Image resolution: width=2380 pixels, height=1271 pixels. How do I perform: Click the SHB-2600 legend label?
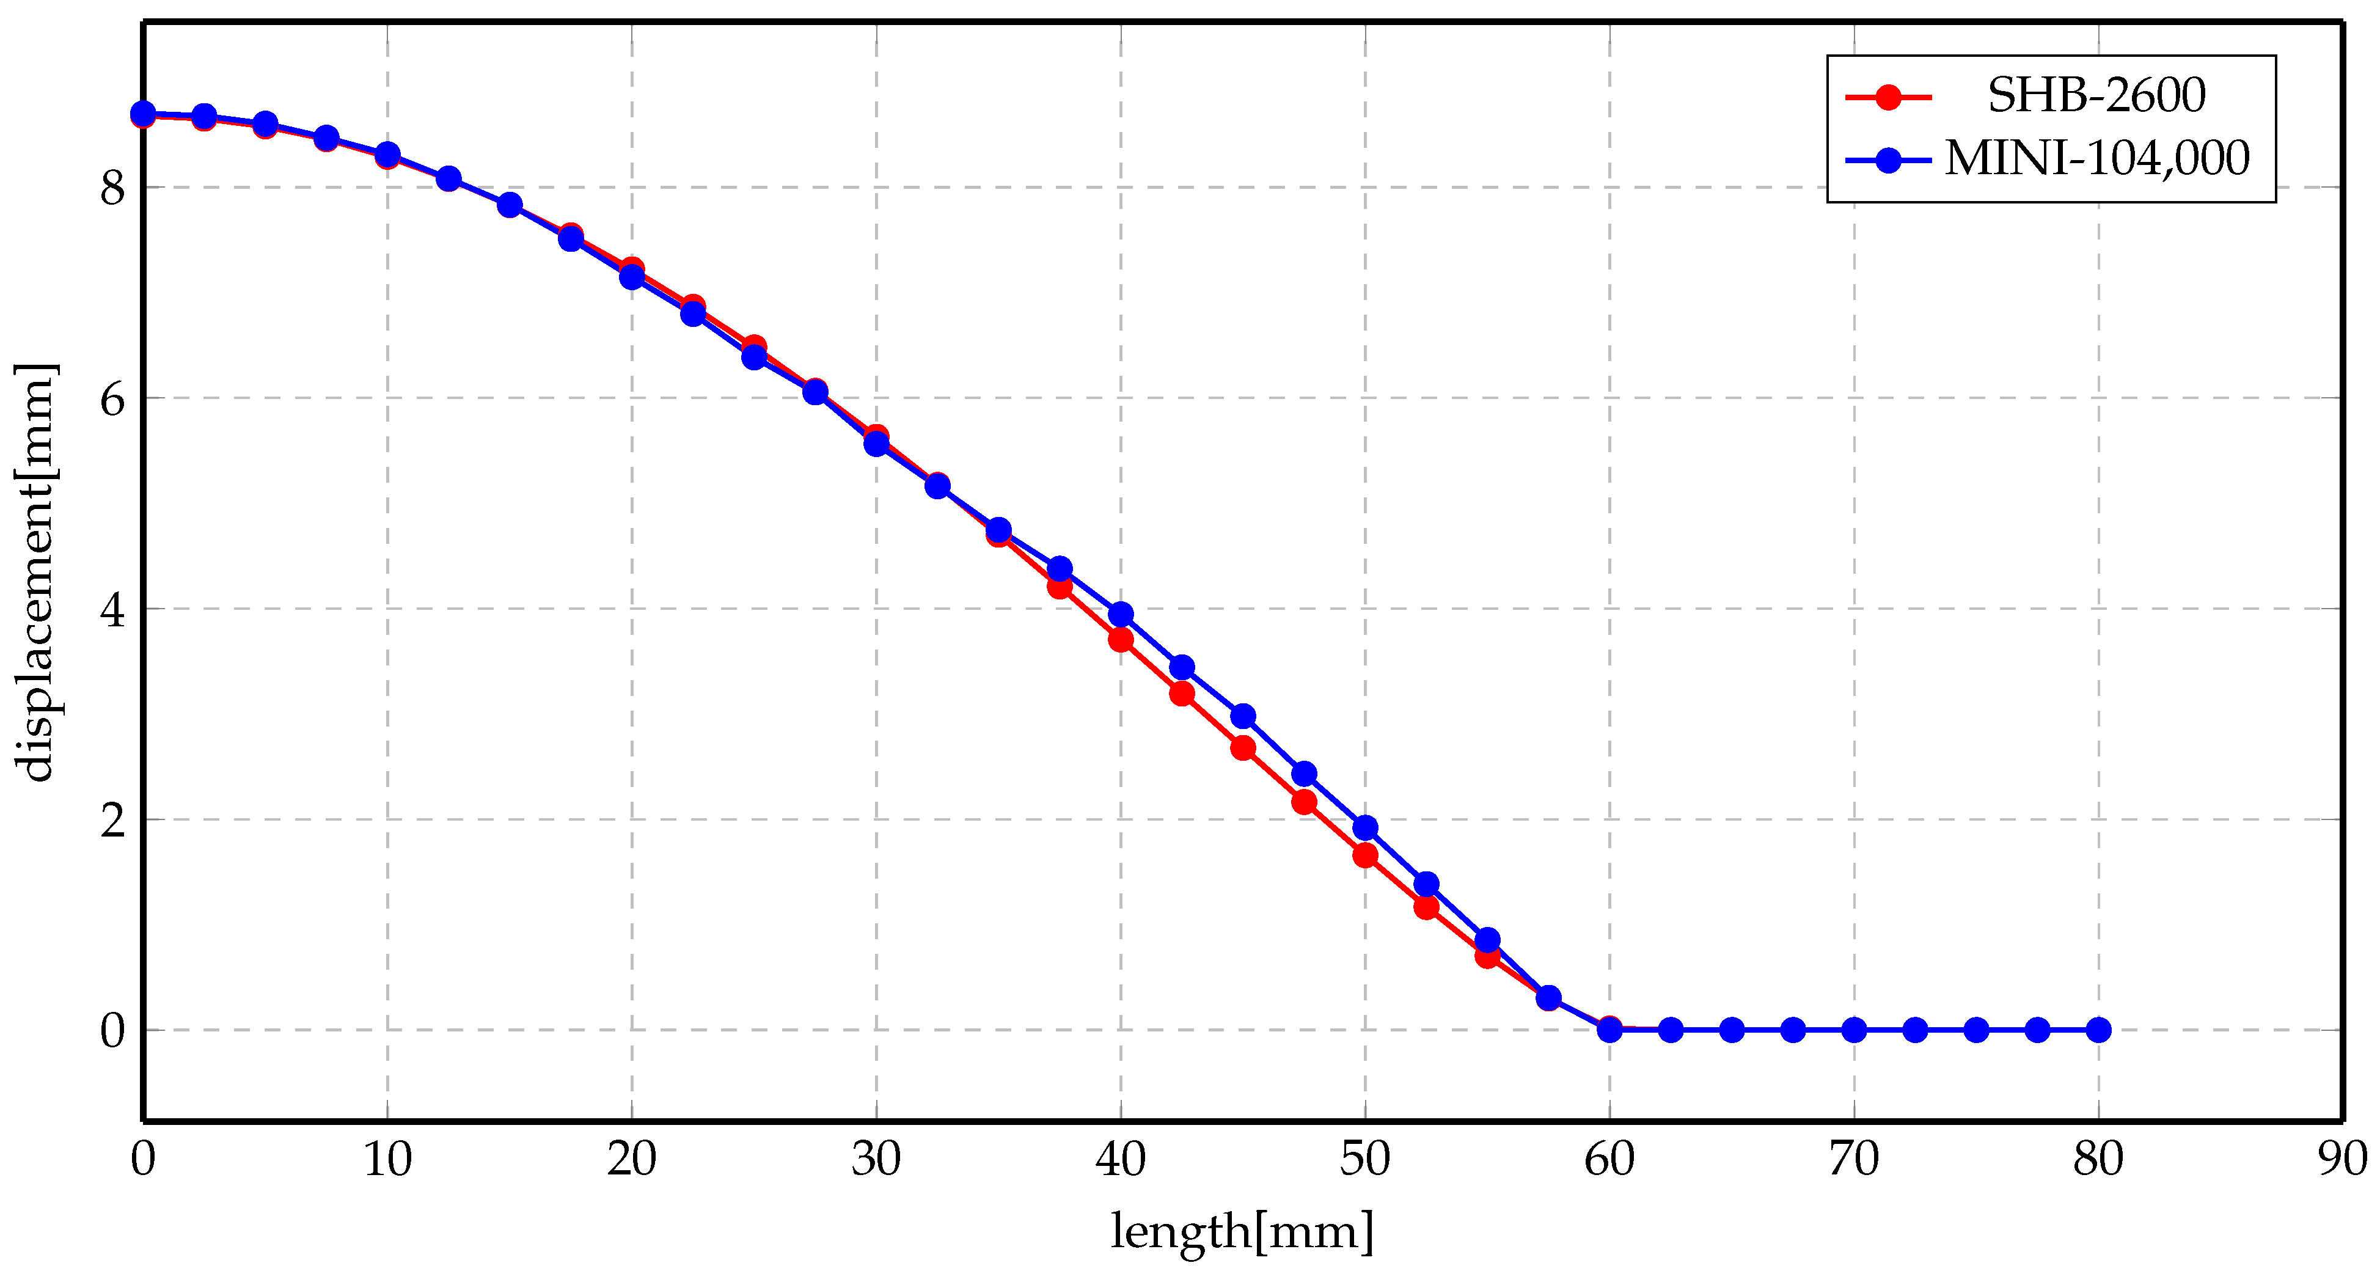(x=2095, y=95)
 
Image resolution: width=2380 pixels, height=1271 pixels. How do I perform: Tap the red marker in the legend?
(x=1889, y=96)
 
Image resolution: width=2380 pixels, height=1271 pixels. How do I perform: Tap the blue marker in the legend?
(x=1889, y=160)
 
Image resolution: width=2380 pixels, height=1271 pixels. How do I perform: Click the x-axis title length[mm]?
(x=1242, y=1233)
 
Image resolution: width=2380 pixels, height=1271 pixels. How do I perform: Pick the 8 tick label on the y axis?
(x=112, y=188)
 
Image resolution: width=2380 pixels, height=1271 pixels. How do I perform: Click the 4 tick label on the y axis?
(x=112, y=610)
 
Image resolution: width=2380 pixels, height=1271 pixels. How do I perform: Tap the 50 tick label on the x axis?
(x=1364, y=1159)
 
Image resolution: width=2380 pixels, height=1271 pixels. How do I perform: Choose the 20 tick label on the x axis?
(x=631, y=1159)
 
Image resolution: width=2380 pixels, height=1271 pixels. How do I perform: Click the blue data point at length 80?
(x=2098, y=1029)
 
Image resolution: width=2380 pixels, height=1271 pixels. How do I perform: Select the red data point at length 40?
(x=1121, y=639)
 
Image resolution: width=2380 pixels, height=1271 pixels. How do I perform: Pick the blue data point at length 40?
(x=1121, y=614)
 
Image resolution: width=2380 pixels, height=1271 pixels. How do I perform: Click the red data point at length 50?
(x=1364, y=855)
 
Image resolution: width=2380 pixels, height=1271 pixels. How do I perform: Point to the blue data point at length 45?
(x=1243, y=716)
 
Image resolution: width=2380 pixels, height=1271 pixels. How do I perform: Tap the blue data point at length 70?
(x=1853, y=1029)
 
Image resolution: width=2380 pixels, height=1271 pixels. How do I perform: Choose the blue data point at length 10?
(x=387, y=154)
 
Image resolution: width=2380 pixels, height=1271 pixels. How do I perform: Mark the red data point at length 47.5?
(x=1303, y=802)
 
